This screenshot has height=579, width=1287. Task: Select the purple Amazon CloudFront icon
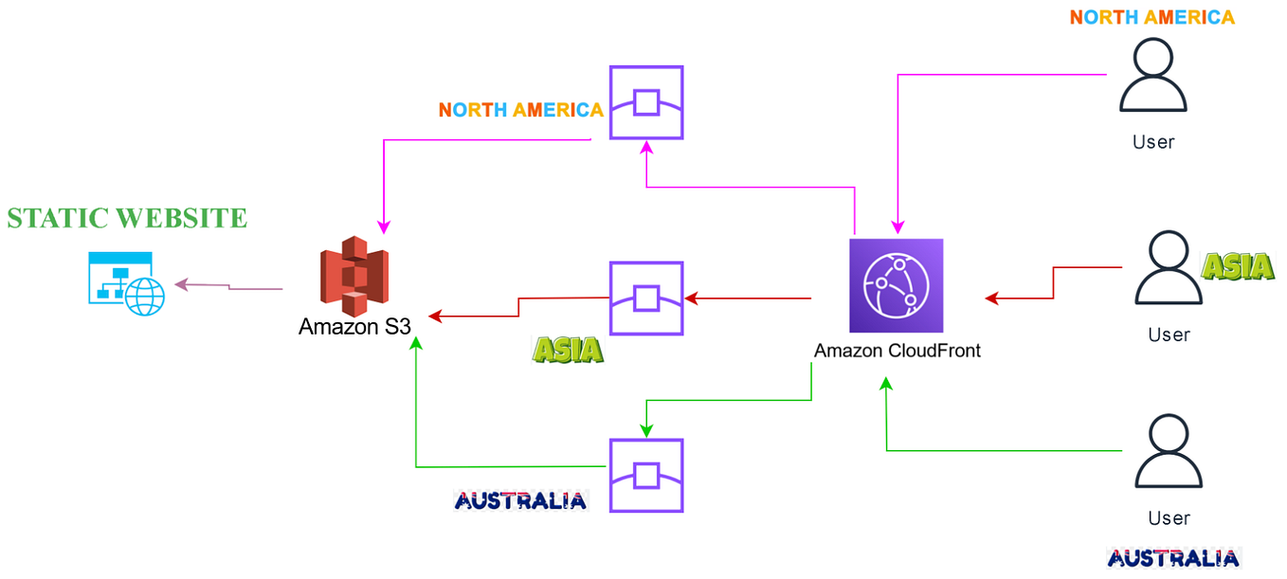point(897,286)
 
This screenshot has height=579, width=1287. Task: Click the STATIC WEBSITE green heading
point(127,218)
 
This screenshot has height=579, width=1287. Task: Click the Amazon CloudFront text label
point(897,351)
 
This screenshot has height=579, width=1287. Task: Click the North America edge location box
point(646,101)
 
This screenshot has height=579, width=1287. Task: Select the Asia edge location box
point(646,298)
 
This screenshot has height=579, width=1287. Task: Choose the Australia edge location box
point(646,474)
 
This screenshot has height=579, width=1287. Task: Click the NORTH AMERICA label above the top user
point(1151,17)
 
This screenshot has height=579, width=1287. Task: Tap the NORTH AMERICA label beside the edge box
point(520,110)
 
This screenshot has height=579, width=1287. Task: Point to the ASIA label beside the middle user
point(1238,267)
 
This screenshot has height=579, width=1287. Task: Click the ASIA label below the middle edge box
point(568,350)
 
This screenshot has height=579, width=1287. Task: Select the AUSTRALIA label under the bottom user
point(1172,558)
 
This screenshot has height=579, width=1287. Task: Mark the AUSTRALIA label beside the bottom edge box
point(520,500)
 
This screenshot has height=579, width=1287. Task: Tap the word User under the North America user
point(1153,142)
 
